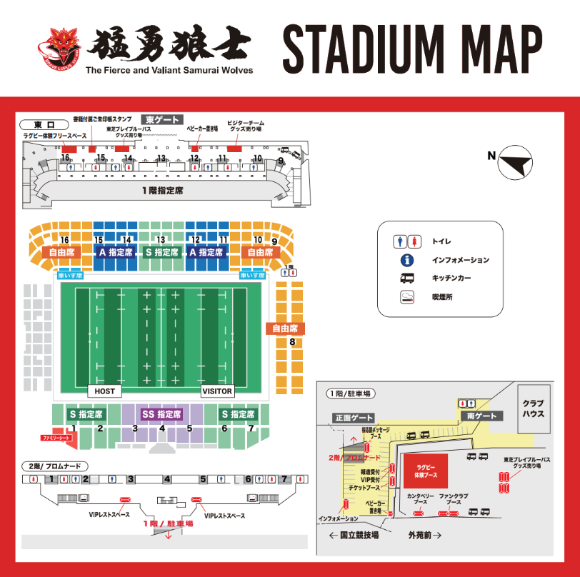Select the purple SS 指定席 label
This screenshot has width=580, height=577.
click(161, 414)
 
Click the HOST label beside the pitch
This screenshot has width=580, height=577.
click(104, 391)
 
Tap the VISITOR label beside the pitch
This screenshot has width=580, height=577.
click(217, 391)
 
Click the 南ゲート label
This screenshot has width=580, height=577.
click(481, 416)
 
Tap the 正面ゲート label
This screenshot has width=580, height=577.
click(353, 418)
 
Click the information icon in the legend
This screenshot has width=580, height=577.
click(406, 260)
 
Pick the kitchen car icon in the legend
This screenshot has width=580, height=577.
click(406, 279)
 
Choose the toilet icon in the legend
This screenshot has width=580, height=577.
click(406, 241)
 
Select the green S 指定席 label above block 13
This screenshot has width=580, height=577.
click(161, 253)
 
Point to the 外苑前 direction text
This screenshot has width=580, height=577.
click(425, 534)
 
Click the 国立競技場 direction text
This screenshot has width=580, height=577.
click(354, 534)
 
